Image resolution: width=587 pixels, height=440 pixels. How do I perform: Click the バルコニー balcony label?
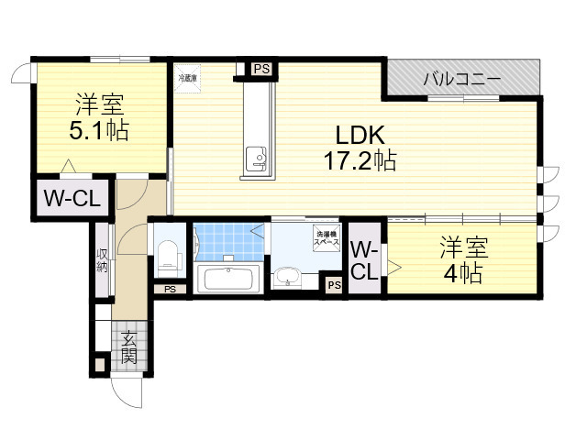[x=461, y=80]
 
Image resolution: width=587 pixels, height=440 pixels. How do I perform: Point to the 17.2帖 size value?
[x=358, y=162]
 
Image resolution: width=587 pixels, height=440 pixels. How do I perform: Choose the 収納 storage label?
[x=103, y=260]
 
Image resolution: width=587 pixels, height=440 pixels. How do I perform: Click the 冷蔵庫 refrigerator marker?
[x=187, y=79]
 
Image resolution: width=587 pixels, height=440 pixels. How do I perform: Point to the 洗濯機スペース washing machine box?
[x=327, y=236]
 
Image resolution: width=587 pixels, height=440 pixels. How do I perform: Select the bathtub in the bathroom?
[x=229, y=278]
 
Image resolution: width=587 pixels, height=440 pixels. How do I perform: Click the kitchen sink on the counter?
[x=255, y=161]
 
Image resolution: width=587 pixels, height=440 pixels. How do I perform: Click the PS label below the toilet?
[x=170, y=290]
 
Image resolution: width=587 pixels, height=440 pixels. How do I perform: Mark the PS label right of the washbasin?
[x=334, y=286]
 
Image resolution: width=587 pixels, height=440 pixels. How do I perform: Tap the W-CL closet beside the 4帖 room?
[x=363, y=260]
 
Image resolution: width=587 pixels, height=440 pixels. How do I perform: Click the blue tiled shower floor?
[x=229, y=242]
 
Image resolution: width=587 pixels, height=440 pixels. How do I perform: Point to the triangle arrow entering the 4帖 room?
[x=394, y=268]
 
